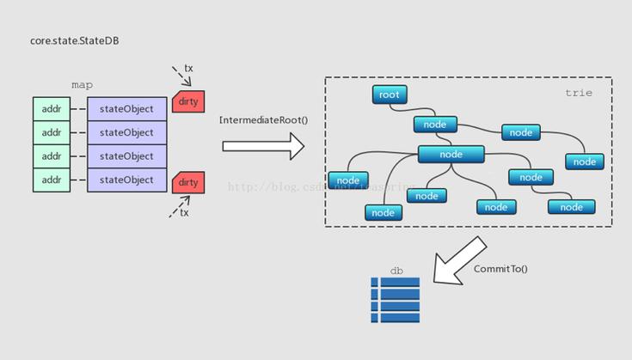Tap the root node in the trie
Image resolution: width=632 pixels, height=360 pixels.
[390, 95]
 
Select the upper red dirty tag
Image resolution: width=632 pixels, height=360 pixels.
[188, 101]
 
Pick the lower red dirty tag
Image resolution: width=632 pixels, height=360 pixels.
[188, 182]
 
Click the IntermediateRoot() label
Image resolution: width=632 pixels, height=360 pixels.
[263, 120]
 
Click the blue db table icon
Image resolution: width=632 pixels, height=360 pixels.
[395, 300]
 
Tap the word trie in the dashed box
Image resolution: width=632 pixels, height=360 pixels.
[578, 93]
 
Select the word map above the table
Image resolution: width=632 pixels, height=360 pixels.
[83, 85]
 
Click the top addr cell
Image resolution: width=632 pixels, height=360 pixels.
[52, 109]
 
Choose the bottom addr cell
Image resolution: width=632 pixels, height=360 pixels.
[52, 180]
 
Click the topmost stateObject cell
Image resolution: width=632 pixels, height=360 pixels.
[126, 109]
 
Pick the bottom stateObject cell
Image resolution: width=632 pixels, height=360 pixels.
[126, 180]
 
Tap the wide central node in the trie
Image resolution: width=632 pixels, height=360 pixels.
[451, 155]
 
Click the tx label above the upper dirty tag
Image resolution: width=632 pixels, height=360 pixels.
[189, 68]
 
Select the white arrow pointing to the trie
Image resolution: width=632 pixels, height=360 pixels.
[263, 146]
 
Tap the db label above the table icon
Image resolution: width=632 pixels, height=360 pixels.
[396, 271]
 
